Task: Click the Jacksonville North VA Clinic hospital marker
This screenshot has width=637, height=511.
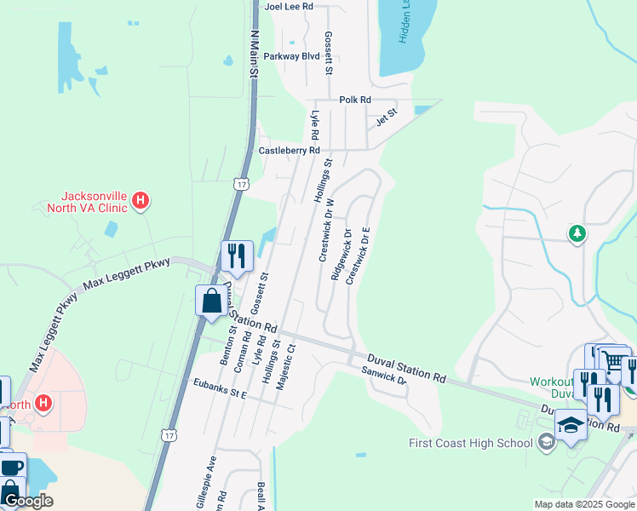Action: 141,202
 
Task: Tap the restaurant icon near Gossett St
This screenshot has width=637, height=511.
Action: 237,255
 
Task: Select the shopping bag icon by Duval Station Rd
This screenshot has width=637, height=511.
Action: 211,301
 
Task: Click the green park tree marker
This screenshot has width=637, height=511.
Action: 577,233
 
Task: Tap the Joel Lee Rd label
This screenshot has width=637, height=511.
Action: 290,6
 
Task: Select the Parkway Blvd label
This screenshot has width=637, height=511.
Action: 291,56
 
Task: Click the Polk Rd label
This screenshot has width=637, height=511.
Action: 355,100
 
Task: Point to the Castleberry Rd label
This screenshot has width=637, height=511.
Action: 290,151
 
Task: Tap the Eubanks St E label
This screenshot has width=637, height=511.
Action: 220,388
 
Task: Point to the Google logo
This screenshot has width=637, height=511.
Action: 28,501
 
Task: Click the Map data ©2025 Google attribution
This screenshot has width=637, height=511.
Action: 584,504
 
